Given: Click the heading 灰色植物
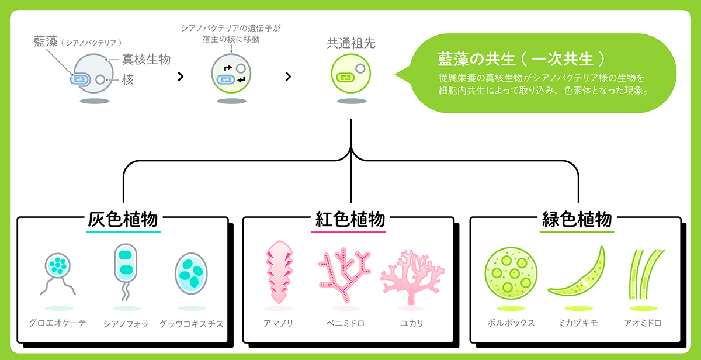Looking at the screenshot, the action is pos(123,219).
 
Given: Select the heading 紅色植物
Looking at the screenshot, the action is pos(350,219).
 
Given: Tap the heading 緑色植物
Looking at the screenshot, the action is pos(577,219).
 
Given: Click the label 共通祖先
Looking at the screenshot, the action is pos(351,43).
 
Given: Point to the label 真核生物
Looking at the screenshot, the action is pos(146,59).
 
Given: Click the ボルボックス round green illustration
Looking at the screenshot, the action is pos(511,274).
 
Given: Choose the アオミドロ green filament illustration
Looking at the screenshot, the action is pos(646,274).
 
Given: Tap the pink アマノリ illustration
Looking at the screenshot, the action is pos(279,272).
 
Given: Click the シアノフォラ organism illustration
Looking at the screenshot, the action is pos(126,272).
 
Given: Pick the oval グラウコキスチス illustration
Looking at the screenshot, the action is pos(191,274).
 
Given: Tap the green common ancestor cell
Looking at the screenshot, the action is pos(351,74).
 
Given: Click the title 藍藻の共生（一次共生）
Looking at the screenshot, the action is pos(521,59).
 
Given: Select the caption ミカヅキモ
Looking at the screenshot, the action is pos(578,323).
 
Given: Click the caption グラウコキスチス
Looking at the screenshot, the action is pos(191,324).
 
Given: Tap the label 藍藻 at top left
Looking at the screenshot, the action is pos(46,41).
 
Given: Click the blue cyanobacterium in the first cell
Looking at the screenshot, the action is pos(80,79).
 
